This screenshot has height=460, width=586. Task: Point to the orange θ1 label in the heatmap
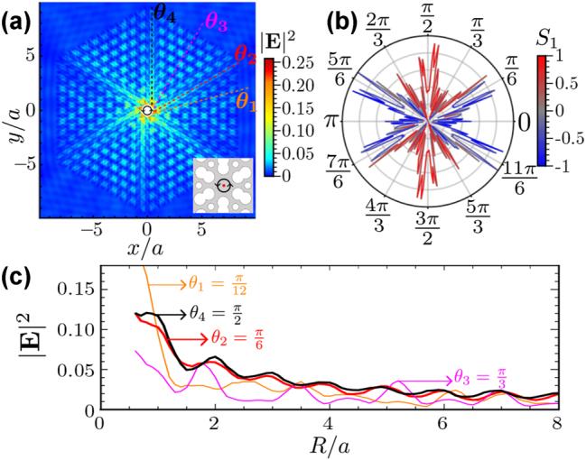(245, 97)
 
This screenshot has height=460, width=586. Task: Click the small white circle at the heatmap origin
(147, 110)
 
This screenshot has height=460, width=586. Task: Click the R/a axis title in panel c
(328, 447)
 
